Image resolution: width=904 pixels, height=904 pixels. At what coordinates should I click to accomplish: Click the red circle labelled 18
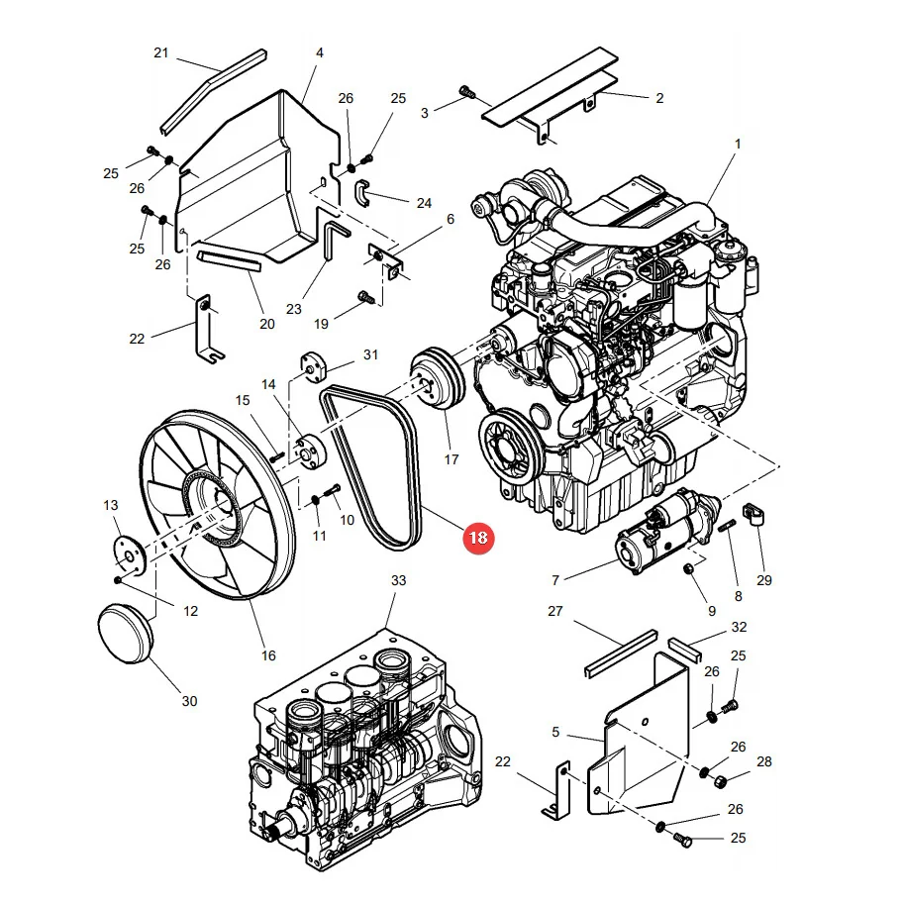click(478, 538)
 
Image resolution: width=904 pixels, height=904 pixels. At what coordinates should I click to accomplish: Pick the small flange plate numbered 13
click(128, 555)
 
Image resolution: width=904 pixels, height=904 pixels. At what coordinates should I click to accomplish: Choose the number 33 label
click(398, 580)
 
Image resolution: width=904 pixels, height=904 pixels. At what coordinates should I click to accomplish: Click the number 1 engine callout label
click(738, 144)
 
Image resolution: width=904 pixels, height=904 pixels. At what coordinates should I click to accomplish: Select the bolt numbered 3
click(467, 91)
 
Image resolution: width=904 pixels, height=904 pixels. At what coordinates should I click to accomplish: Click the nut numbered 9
click(688, 569)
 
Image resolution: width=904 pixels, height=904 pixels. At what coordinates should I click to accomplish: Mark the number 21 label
click(160, 53)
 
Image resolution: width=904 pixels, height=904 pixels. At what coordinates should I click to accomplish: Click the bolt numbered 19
click(366, 297)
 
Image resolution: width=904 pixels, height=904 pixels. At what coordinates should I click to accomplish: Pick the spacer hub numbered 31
click(314, 367)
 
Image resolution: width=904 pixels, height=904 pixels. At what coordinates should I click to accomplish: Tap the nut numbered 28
click(721, 782)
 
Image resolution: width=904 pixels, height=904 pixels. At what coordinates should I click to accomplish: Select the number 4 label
click(320, 53)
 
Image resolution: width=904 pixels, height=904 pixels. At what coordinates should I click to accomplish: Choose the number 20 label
click(267, 324)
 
